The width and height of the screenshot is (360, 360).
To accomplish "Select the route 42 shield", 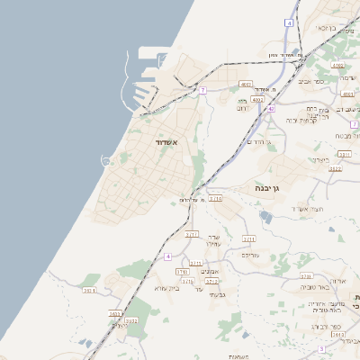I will (x=270, y=109).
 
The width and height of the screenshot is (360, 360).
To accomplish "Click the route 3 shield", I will (x=320, y=348).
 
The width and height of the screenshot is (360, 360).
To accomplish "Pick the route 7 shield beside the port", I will (x=203, y=90).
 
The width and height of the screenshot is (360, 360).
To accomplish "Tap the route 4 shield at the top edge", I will (x=289, y=22).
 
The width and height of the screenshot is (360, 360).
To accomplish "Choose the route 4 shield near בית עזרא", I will (x=167, y=256).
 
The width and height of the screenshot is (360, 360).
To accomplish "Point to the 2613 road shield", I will (x=338, y=335).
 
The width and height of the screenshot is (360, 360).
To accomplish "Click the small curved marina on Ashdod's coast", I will (x=107, y=161).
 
